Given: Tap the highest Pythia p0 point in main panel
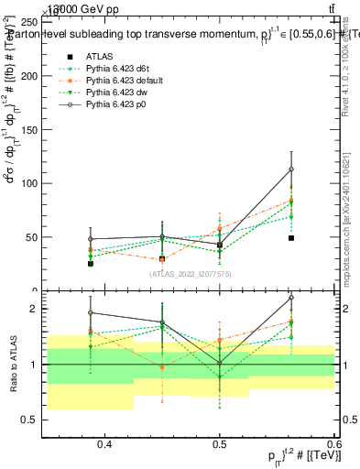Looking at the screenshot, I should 291,169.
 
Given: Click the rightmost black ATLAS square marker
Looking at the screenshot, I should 291,237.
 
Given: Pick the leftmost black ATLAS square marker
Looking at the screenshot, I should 91,263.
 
